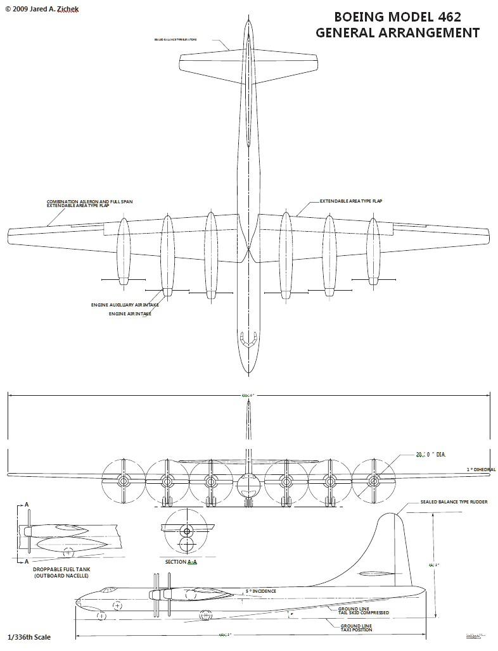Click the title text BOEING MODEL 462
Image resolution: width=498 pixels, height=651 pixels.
click(x=397, y=17)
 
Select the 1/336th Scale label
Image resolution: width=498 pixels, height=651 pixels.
click(x=29, y=637)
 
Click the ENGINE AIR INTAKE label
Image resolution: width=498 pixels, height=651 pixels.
click(x=130, y=313)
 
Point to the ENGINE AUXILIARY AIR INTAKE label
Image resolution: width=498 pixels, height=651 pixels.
click(x=125, y=305)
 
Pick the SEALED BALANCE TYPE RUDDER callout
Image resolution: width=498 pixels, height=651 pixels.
click(x=454, y=502)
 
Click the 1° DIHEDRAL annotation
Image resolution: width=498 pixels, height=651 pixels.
click(x=481, y=469)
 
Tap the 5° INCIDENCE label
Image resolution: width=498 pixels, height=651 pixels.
click(x=261, y=591)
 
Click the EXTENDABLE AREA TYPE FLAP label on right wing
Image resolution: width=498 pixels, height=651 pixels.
click(x=351, y=201)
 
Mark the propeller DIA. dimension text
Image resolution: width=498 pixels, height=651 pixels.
click(x=428, y=454)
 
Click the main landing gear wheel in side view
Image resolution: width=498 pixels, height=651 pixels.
click(x=205, y=614)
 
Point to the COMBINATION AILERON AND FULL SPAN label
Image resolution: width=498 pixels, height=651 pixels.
click(x=89, y=201)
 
